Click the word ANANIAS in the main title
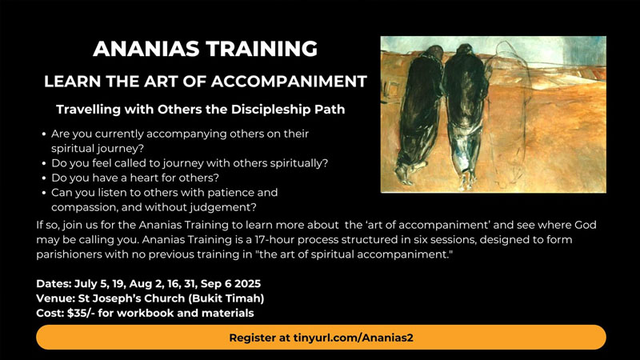tap(146, 49)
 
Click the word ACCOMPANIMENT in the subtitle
tap(289, 82)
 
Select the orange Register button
tap(321, 338)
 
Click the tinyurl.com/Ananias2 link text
tap(353, 338)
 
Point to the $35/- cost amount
tap(82, 313)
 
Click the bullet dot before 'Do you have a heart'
tap(44, 178)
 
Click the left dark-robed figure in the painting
tap(419, 114)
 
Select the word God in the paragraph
tap(586, 225)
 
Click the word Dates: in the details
tap(54, 284)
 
